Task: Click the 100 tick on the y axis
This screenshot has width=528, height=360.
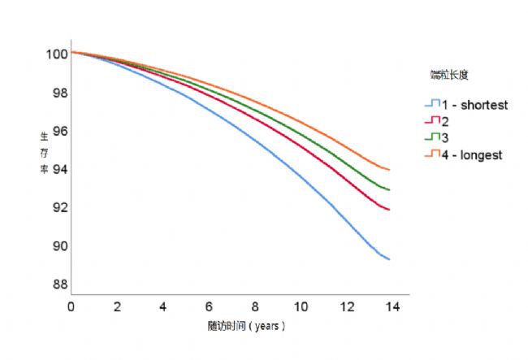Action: (55, 54)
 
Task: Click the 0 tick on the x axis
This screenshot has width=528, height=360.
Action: (71, 307)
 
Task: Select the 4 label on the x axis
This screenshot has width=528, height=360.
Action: (162, 307)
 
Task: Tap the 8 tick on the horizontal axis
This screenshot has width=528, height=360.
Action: (254, 307)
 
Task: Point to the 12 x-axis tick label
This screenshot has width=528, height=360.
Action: (348, 307)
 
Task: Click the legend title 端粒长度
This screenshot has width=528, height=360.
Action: (449, 75)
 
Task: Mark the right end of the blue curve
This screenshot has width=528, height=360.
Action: (390, 259)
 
